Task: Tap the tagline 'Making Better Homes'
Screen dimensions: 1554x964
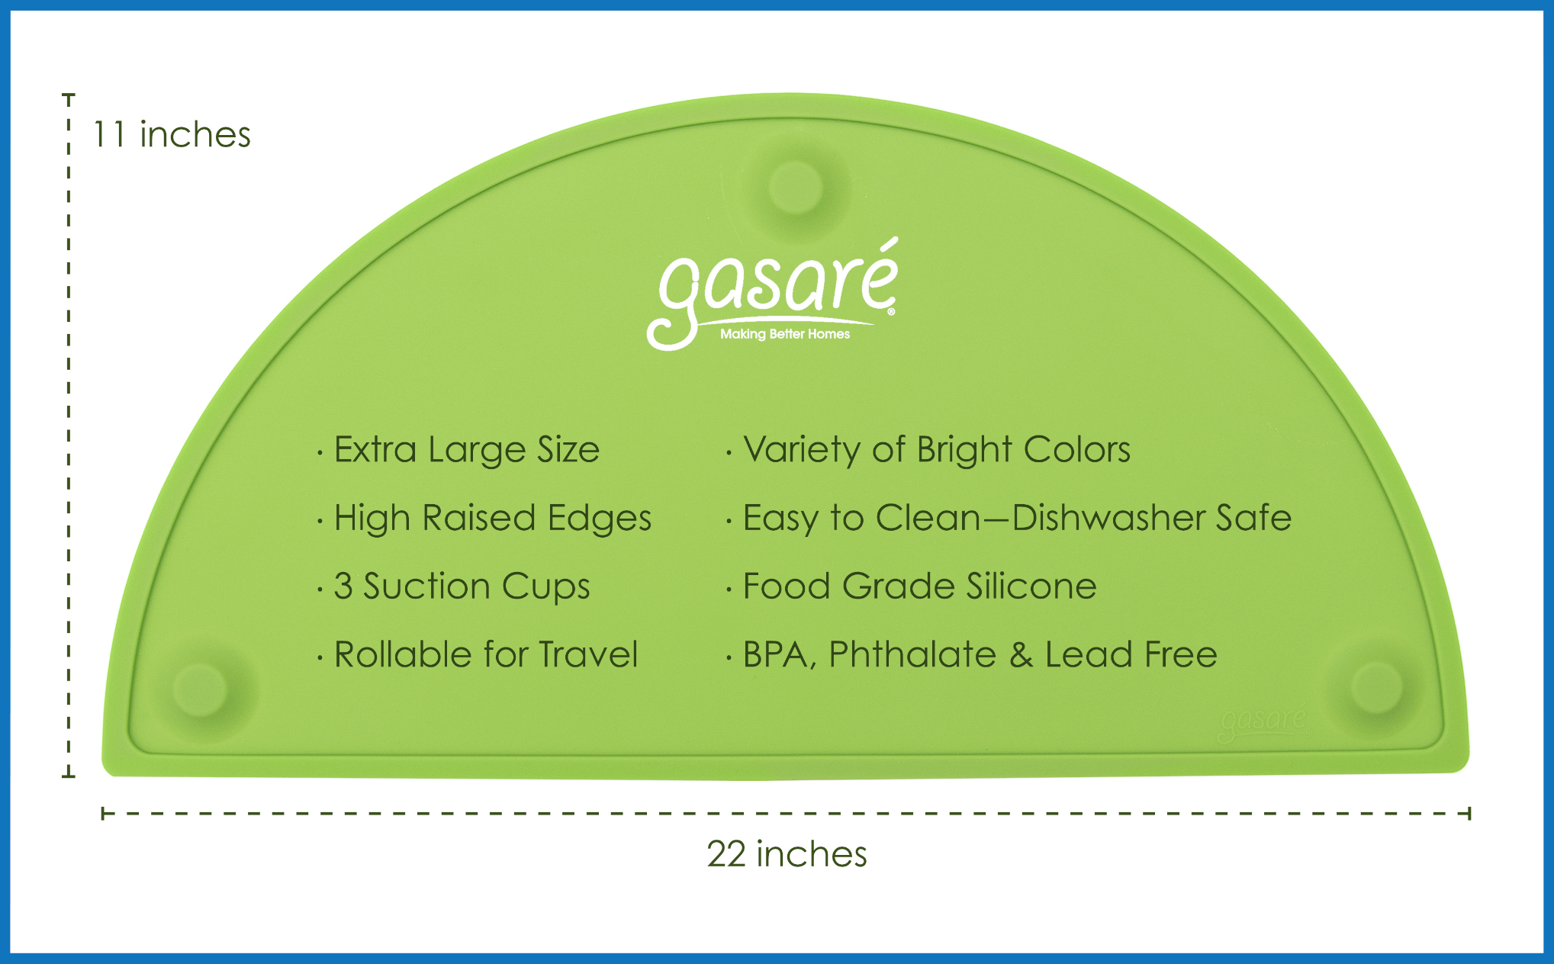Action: pos(785,334)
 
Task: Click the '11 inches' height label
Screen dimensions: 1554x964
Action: pos(172,135)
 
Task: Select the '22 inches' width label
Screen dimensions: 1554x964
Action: pos(787,854)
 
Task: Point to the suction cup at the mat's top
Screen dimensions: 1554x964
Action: pos(796,187)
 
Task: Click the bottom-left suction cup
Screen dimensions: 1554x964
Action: pos(200,689)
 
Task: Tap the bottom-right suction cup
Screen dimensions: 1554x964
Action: pos(1376,687)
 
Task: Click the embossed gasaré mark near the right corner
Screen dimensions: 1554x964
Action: pos(1263,722)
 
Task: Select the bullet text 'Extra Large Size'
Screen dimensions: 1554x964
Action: pos(467,451)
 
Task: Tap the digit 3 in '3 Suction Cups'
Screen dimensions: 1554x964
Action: pos(343,586)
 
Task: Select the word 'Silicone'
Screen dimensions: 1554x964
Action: pos(1031,586)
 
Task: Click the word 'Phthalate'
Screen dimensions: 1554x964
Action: pos(912,654)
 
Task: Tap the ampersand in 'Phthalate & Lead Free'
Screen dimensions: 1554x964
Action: pos(1021,655)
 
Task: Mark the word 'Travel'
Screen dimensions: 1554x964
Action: pos(588,654)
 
